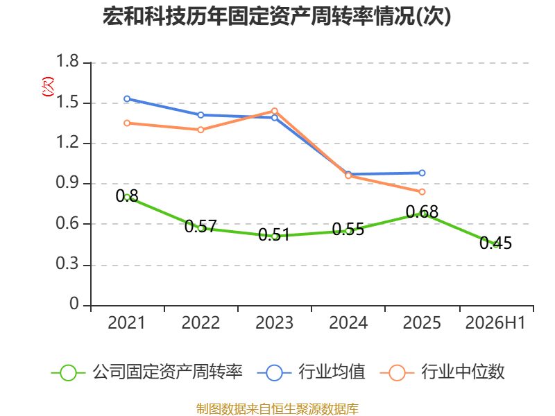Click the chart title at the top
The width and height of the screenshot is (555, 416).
(277, 16)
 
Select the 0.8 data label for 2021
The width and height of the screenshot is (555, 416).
(127, 196)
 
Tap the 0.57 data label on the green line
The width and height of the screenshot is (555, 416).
(200, 226)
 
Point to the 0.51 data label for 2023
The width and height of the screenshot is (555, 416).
(274, 234)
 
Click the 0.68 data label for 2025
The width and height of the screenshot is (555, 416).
(422, 212)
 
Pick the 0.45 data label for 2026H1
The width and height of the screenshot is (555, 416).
(495, 243)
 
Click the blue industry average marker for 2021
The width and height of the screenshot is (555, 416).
(127, 98)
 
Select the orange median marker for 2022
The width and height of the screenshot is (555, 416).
(200, 130)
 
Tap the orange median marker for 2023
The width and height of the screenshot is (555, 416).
(274, 111)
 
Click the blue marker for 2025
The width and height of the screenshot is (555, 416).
(422, 173)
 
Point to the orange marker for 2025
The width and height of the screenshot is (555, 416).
(422, 192)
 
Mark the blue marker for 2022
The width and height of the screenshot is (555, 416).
(200, 115)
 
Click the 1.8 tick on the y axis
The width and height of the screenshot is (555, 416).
(67, 61)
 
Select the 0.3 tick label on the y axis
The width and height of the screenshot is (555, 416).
(67, 263)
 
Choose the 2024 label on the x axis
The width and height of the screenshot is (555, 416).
(348, 323)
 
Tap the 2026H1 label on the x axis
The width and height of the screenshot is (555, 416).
(495, 323)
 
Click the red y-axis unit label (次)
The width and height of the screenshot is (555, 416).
(48, 87)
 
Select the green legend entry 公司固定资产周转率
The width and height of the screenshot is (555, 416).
(147, 372)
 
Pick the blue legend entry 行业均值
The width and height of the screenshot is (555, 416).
(311, 372)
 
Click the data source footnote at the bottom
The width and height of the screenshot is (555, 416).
(277, 409)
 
